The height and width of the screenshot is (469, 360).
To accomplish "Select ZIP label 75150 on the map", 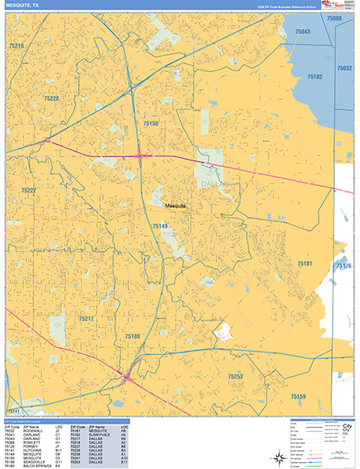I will [x=151, y=124].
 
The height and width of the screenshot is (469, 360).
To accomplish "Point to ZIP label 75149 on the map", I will [x=159, y=226].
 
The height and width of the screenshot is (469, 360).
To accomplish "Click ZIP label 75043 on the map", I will [x=302, y=31].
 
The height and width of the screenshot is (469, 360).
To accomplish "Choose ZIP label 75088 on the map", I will [x=334, y=17].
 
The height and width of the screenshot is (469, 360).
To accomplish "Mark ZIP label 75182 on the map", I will [x=315, y=77].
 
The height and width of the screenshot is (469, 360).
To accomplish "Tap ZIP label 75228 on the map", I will [x=52, y=99].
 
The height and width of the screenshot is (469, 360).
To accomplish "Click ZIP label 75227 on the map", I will [x=29, y=191].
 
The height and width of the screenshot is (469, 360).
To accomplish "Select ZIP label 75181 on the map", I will [x=304, y=264].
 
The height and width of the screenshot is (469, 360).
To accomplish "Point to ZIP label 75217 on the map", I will [x=86, y=318].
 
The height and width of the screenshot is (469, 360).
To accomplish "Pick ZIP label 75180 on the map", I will [x=133, y=335].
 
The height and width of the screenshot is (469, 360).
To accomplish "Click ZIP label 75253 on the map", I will [x=235, y=376].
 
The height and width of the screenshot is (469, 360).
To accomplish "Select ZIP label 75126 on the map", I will [x=344, y=267].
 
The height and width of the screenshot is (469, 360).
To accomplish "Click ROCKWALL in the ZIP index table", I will [x=31, y=429].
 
